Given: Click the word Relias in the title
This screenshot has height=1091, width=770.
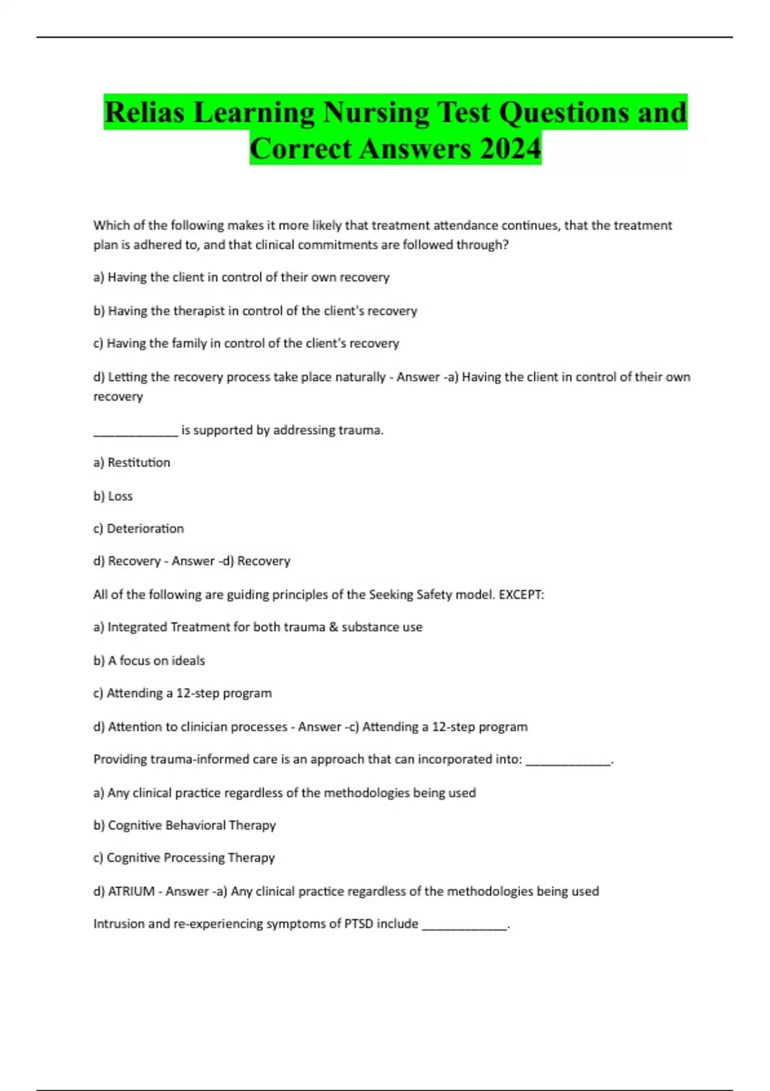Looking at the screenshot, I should point(144,112).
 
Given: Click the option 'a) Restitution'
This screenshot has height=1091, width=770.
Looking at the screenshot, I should point(132,463).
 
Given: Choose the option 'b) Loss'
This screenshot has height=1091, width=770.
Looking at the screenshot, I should point(113,496).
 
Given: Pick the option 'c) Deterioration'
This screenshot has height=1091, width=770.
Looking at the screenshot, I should point(139,529).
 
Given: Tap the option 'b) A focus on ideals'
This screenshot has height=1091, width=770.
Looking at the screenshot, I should point(149,660).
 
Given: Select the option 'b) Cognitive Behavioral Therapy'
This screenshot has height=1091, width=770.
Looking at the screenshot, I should point(184,825).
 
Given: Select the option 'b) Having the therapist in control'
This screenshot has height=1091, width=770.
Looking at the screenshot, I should point(255,311).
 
